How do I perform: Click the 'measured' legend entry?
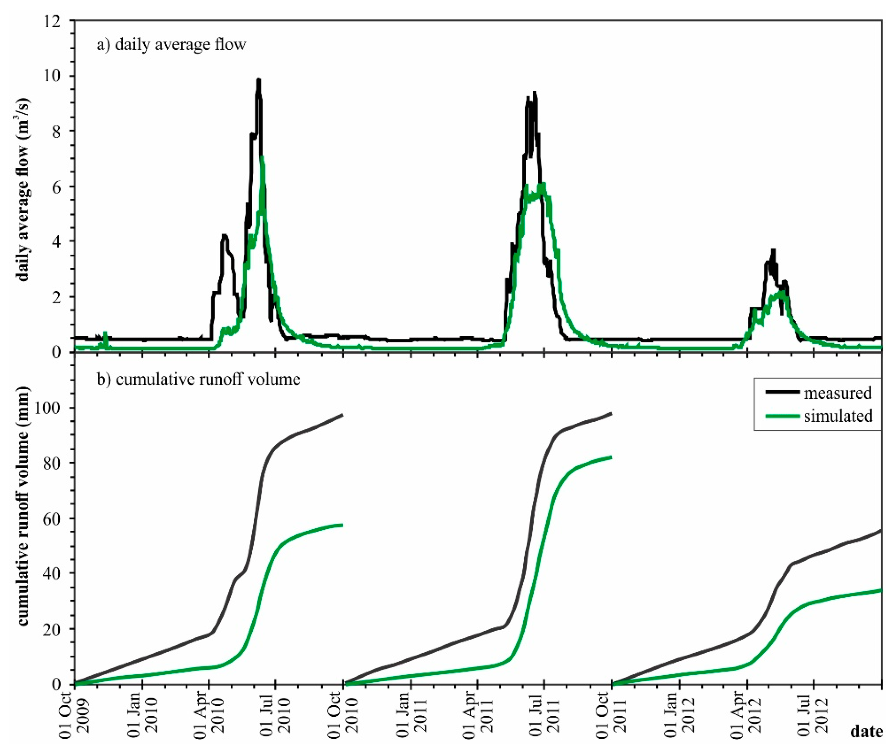837,393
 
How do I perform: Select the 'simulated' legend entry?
837,416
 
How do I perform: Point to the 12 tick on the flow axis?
58,20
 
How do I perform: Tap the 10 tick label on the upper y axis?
58,76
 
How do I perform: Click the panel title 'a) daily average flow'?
171,45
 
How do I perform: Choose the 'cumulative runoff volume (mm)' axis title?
23,506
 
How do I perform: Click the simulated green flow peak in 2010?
262,158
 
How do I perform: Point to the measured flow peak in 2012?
773,250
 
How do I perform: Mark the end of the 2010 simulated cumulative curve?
342,525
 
